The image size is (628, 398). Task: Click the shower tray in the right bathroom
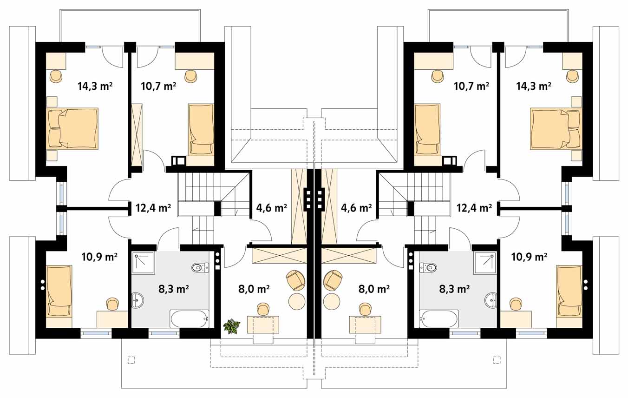click(x=485, y=263)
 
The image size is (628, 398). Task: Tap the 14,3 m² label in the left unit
click(x=95, y=86)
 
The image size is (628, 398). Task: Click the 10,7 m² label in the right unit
click(x=471, y=86)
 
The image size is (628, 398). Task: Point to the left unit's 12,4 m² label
click(x=153, y=208)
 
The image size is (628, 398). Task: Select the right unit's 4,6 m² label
click(x=356, y=208)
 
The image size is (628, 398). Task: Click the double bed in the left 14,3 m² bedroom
click(x=72, y=128)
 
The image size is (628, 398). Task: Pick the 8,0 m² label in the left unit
click(x=254, y=289)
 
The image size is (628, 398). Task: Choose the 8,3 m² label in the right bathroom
click(x=454, y=289)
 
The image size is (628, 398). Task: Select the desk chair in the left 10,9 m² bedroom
click(x=112, y=304)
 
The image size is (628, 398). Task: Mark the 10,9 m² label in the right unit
click(x=530, y=257)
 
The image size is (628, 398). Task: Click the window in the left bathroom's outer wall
click(x=164, y=333)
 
